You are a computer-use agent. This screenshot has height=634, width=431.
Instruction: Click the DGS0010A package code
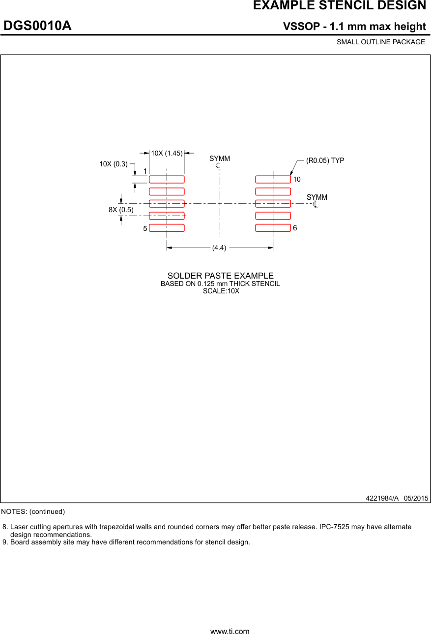click(x=38, y=26)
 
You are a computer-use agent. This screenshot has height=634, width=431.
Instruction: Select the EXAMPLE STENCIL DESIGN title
click(x=339, y=6)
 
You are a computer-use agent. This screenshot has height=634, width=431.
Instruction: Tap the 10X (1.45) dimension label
click(x=167, y=153)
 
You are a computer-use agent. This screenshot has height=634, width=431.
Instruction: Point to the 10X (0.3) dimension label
click(x=114, y=164)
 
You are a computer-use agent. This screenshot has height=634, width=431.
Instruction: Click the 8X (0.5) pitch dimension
click(x=121, y=210)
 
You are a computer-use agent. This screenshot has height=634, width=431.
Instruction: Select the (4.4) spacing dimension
click(x=219, y=248)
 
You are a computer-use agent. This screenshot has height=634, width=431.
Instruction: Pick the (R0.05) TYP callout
click(x=325, y=160)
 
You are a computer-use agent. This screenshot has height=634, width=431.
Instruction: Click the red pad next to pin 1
click(x=167, y=179)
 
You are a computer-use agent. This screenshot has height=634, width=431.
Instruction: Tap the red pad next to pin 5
click(x=167, y=227)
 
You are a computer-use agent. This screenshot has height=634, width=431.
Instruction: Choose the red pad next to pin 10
click(x=273, y=179)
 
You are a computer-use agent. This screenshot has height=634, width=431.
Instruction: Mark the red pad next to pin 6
click(x=273, y=227)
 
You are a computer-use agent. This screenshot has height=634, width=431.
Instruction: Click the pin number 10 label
click(x=297, y=180)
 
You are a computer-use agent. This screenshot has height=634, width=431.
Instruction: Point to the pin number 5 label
click(x=145, y=229)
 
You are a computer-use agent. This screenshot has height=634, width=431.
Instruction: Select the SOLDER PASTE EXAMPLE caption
click(x=220, y=276)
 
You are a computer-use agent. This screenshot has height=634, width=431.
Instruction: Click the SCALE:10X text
click(x=221, y=291)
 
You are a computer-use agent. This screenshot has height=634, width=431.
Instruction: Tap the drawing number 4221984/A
click(x=382, y=498)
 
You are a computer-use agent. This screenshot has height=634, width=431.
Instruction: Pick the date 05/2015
click(x=416, y=498)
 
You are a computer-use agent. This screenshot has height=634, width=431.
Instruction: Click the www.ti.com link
click(x=230, y=631)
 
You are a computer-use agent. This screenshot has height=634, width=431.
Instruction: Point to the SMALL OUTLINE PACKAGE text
click(x=381, y=42)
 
